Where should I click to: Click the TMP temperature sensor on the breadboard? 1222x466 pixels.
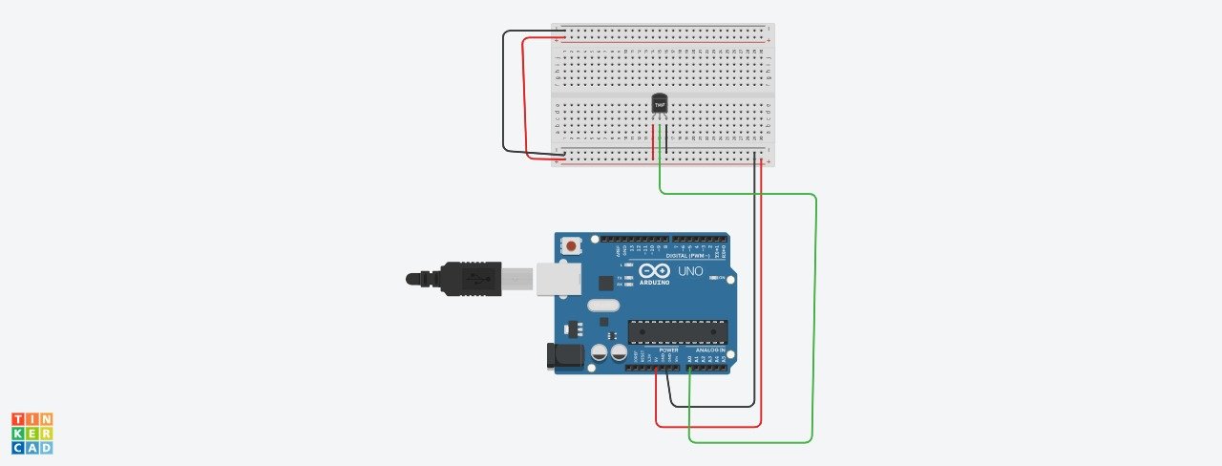tap(659, 103)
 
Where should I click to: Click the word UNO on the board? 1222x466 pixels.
tap(690, 272)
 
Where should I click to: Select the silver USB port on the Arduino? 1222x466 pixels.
tap(558, 278)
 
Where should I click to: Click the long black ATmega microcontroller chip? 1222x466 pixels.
tap(677, 331)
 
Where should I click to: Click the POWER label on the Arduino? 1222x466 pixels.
tap(668, 350)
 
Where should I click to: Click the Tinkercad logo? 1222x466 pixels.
tap(32, 434)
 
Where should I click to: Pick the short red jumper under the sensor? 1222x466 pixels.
tap(654, 141)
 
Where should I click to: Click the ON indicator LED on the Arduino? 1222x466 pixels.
tap(720, 278)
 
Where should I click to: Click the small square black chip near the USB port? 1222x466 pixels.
tap(604, 283)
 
